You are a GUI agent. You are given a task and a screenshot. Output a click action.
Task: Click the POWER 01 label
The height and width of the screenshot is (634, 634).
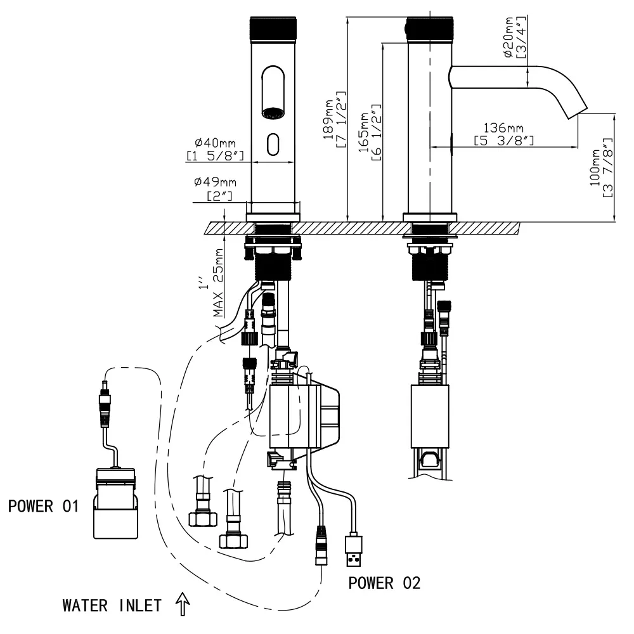pyautogui.click(x=43, y=507)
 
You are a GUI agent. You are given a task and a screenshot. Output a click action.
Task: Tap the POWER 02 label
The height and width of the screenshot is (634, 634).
pyautogui.click(x=384, y=583)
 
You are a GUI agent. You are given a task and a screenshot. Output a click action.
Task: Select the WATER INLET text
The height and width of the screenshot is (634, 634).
pyautogui.click(x=111, y=605)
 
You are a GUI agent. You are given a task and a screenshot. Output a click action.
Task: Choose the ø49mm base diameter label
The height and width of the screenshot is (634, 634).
pyautogui.click(x=216, y=188)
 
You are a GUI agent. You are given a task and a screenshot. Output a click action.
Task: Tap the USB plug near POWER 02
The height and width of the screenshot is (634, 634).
pyautogui.click(x=353, y=551)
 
